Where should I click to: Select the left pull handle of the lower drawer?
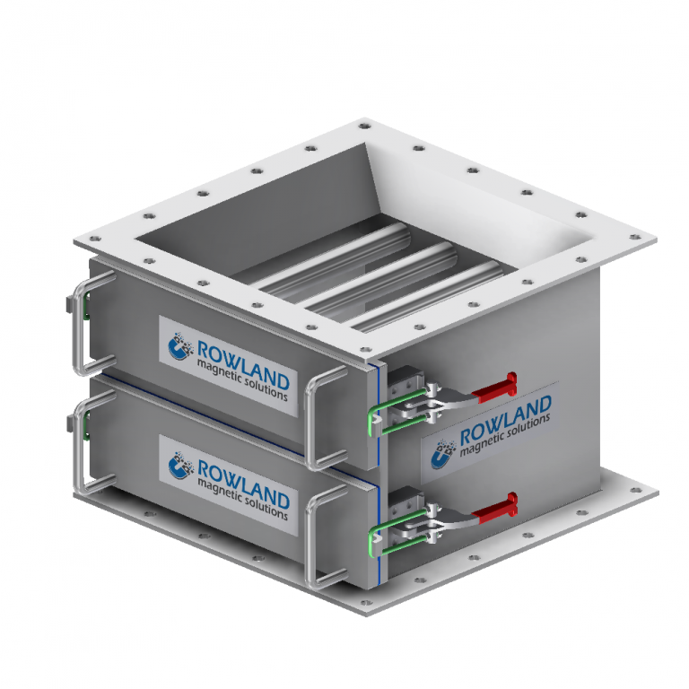pos(79,444)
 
